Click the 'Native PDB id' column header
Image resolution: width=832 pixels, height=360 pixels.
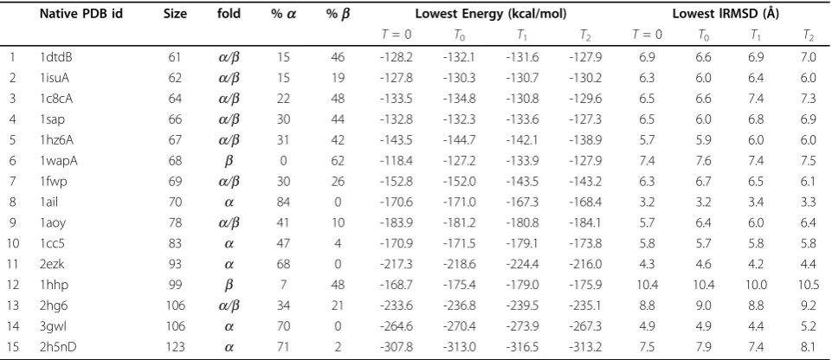[81, 15]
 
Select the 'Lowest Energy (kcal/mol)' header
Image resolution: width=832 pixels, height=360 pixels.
[491, 15]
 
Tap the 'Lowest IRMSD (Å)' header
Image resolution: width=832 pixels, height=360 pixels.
[726, 15]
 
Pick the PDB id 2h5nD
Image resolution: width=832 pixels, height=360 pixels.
[56, 347]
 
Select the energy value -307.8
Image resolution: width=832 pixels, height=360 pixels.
[397, 347]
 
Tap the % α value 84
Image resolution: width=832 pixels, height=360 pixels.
[283, 201]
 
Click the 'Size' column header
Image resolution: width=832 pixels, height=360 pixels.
[175, 15]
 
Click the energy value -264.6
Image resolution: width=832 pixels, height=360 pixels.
[397, 326]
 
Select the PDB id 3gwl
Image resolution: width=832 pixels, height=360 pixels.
[53, 326]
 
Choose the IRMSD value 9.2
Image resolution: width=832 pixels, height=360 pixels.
[809, 305]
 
